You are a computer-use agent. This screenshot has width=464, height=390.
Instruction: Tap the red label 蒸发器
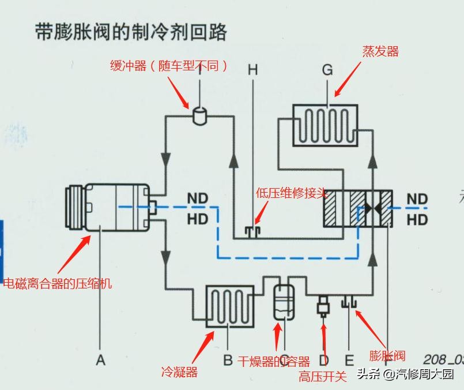pyautogui.click(x=380, y=51)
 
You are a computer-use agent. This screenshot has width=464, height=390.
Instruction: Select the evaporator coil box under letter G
pyautogui.click(x=325, y=125)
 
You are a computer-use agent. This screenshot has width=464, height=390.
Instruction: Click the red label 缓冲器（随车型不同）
pyautogui.click(x=168, y=66)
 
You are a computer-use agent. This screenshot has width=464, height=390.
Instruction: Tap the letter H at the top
pyautogui.click(x=252, y=70)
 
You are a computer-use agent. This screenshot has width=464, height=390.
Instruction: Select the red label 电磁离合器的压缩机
pyautogui.click(x=58, y=283)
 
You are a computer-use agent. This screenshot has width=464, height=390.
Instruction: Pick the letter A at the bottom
pyautogui.click(x=101, y=361)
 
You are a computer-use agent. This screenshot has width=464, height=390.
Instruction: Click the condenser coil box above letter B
pyautogui.click(x=229, y=305)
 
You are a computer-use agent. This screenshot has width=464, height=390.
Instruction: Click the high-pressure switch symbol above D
pyautogui.click(x=323, y=305)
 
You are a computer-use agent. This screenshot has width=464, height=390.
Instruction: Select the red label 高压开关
pyautogui.click(x=323, y=377)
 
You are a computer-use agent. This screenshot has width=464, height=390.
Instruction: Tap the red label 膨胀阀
pyautogui.click(x=387, y=356)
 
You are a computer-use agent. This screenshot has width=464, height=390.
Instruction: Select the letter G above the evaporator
pyautogui.click(x=327, y=70)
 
